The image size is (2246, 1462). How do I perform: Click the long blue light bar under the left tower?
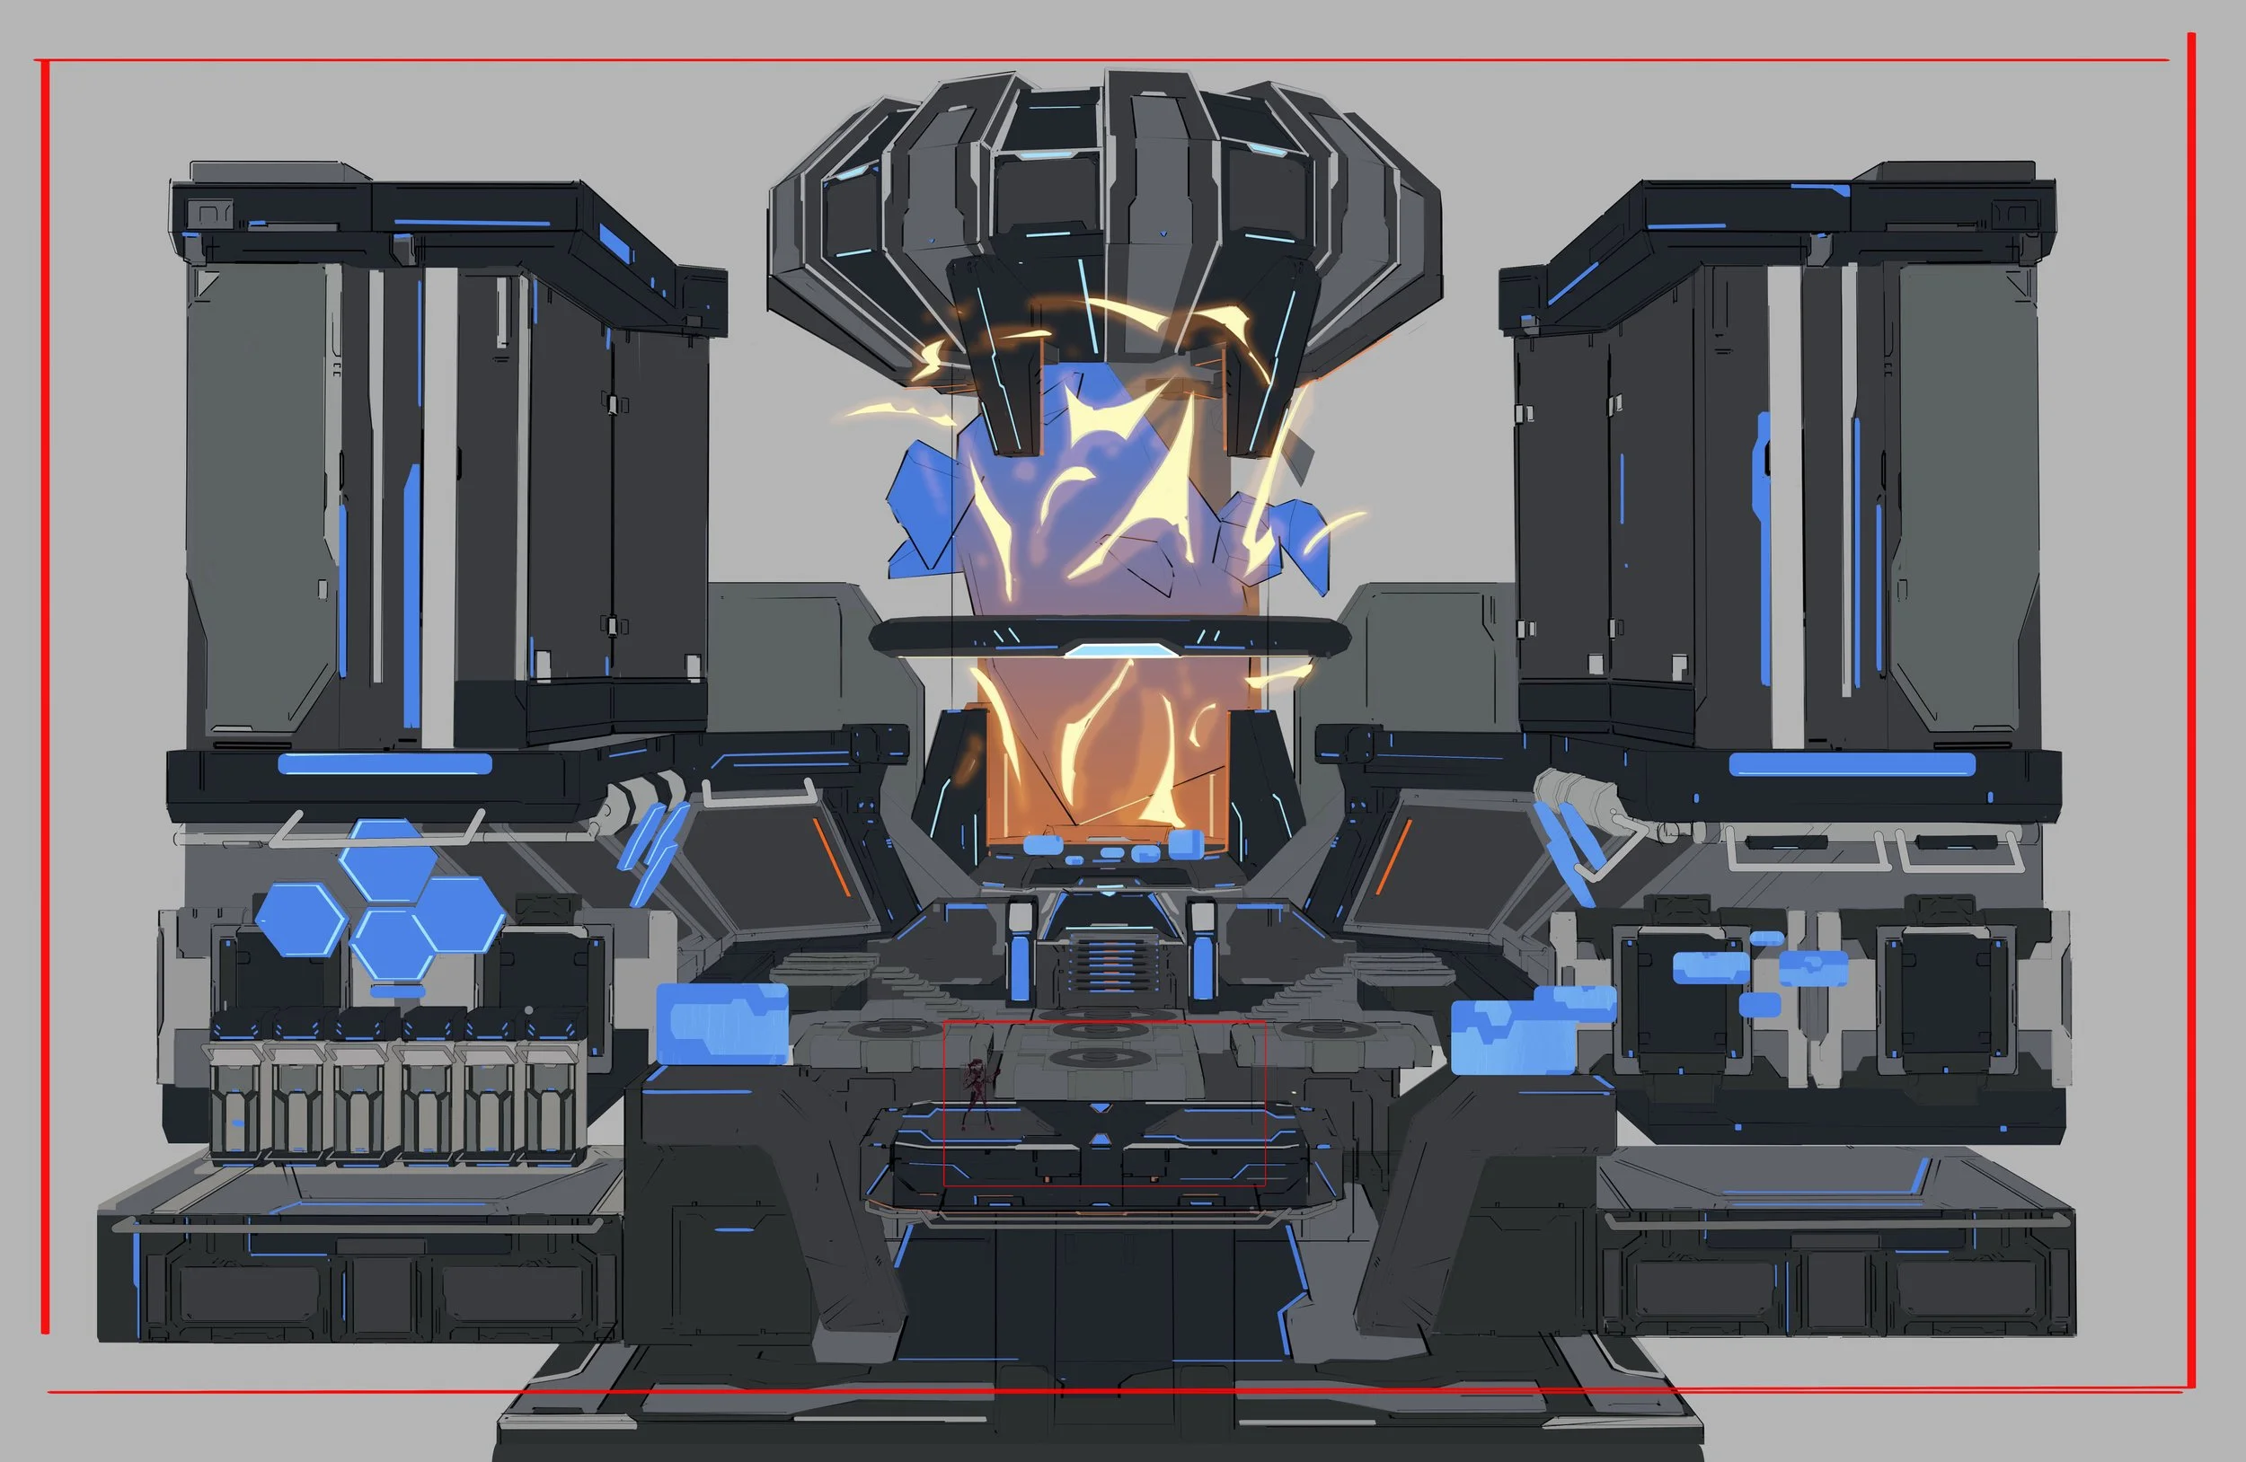(385, 763)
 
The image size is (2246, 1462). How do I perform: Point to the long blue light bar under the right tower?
(1852, 764)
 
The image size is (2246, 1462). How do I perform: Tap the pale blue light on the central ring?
(1110, 650)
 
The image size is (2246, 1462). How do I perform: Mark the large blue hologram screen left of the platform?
(722, 1024)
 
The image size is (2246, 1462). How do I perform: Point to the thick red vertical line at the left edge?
(44, 698)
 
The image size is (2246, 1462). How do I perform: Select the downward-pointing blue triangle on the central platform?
(1100, 1109)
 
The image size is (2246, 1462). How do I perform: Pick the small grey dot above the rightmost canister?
(529, 1010)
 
